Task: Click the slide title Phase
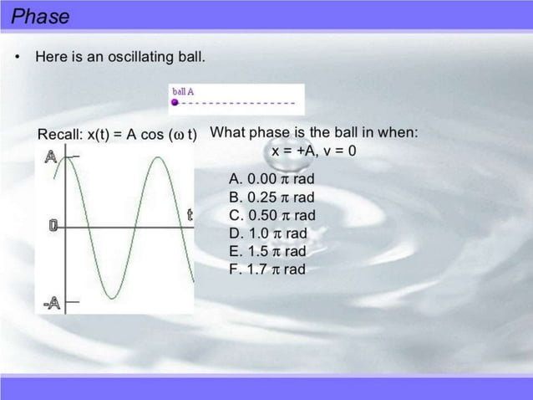coord(41,16)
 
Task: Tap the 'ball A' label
coord(182,91)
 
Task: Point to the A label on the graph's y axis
coord(52,156)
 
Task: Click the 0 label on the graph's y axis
coord(53,225)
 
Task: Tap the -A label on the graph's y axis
coord(51,300)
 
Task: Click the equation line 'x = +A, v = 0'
coord(314,151)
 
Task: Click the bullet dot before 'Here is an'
coord(17,58)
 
